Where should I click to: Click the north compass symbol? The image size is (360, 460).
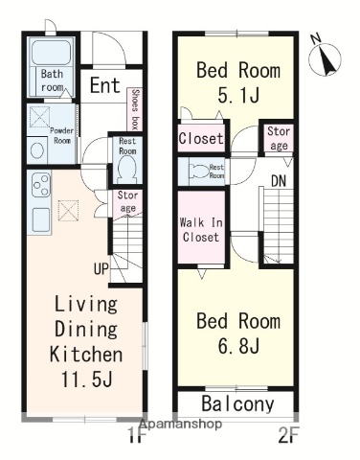[x=325, y=57]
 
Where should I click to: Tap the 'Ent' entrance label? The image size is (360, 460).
[x=104, y=85]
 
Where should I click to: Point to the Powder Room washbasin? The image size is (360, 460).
[x=37, y=149]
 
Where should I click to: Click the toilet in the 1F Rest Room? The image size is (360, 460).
[x=127, y=169]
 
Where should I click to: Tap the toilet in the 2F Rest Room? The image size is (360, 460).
[x=199, y=171]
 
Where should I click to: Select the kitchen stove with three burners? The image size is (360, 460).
[x=40, y=186]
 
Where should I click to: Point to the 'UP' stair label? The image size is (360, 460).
[x=101, y=269]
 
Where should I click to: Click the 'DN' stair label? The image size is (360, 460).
[x=279, y=181]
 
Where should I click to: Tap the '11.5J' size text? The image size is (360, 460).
[x=86, y=379]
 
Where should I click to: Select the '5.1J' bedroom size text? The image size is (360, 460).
[x=238, y=95]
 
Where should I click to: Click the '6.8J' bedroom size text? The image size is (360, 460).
[x=238, y=345]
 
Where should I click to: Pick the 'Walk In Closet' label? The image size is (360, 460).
[x=201, y=230]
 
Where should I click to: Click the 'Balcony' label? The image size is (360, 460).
[x=237, y=403]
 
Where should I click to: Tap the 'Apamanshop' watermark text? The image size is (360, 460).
[x=180, y=424]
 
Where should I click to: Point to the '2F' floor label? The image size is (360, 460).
[x=287, y=436]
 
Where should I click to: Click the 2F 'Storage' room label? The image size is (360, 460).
[x=279, y=138]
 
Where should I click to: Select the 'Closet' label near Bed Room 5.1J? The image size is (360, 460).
[x=201, y=138]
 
